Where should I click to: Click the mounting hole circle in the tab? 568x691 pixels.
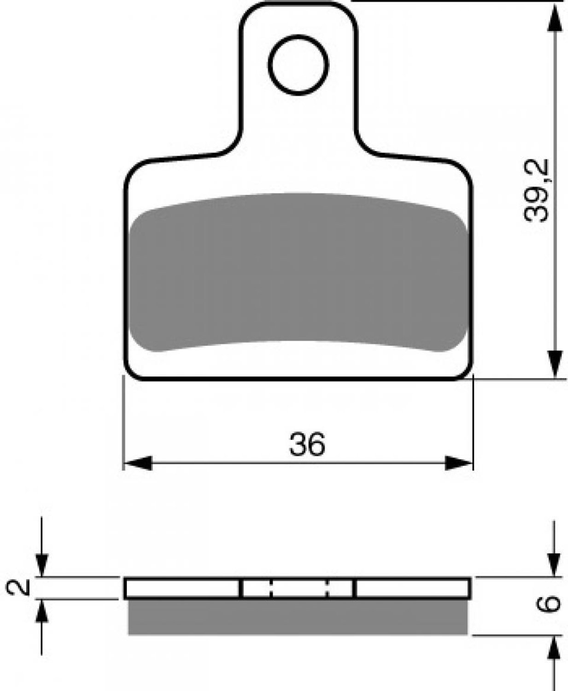(x=298, y=36)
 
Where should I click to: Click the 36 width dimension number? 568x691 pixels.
(x=307, y=445)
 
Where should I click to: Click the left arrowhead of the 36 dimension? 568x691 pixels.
(x=138, y=463)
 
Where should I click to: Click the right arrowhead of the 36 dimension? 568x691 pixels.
(x=459, y=463)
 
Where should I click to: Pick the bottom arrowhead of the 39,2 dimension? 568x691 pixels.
(x=554, y=364)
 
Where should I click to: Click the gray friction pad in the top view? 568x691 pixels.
(x=298, y=272)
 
